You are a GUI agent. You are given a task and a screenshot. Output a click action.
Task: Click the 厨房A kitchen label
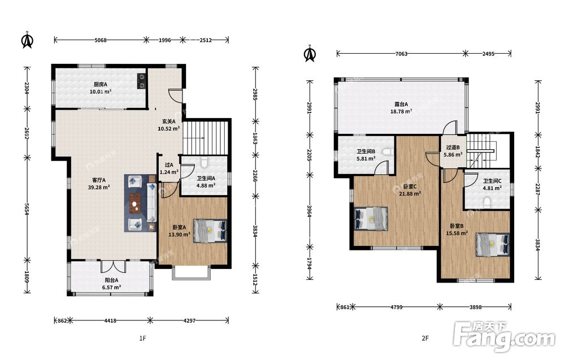[101, 84]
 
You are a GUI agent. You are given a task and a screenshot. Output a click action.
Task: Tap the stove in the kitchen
[141, 81]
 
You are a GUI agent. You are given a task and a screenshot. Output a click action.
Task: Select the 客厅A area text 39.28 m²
[99, 188]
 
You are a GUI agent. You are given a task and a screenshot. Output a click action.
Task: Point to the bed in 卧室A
[210, 230]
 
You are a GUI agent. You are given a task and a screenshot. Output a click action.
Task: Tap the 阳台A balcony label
[111, 280]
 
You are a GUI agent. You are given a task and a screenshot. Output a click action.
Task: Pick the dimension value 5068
[101, 40]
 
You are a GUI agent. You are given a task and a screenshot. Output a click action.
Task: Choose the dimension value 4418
[110, 320]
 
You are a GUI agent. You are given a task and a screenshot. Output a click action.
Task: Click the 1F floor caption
[142, 338]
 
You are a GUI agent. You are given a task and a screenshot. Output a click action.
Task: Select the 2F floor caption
[425, 338]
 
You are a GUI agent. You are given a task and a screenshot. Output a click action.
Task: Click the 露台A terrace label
[401, 105]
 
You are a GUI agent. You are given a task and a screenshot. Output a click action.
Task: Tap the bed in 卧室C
[371, 218]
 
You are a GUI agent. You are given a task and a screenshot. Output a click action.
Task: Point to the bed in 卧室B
[493, 244]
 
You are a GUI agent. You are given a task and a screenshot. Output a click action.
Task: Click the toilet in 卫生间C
[487, 202]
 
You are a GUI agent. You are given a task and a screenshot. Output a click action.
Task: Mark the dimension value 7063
[401, 54]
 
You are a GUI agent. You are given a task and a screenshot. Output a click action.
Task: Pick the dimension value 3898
[475, 307]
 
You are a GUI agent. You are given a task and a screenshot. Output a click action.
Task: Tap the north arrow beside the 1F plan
[27, 40]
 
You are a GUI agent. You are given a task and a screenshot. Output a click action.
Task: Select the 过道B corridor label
[453, 148]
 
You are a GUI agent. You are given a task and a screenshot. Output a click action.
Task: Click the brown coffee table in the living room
[135, 204]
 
